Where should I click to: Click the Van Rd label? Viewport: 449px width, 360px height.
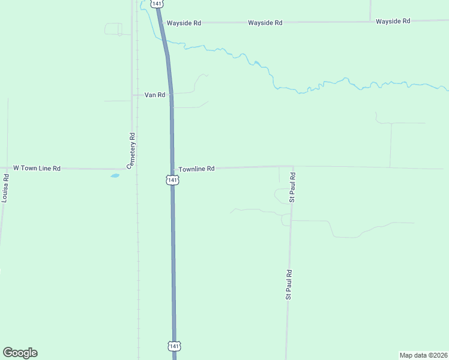155,95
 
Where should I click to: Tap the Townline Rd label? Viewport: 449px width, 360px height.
196,169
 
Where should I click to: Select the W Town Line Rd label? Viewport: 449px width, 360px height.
37,169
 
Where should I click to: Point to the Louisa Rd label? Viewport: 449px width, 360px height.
5,188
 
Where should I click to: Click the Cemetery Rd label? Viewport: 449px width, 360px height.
133,150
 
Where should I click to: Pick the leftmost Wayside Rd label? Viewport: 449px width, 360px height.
184,23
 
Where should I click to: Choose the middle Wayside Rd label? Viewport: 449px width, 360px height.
265,23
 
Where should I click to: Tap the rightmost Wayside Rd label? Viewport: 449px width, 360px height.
393,21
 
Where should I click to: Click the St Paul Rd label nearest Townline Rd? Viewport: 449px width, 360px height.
292,187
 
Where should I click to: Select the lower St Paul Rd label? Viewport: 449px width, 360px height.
289,284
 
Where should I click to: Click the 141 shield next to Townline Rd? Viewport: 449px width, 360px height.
172,180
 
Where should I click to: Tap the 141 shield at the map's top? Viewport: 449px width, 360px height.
157,4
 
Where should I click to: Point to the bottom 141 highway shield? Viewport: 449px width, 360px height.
173,346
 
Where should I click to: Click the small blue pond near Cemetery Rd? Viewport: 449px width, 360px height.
115,176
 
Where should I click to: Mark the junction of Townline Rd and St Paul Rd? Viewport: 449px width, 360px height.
292,167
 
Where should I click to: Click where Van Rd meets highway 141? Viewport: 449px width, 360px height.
171,94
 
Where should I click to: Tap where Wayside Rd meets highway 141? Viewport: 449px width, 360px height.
161,23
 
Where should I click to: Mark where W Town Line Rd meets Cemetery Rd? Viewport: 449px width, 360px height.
133,169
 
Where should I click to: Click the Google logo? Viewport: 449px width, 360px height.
20,353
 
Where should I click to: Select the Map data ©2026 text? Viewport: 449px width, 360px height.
423,355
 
